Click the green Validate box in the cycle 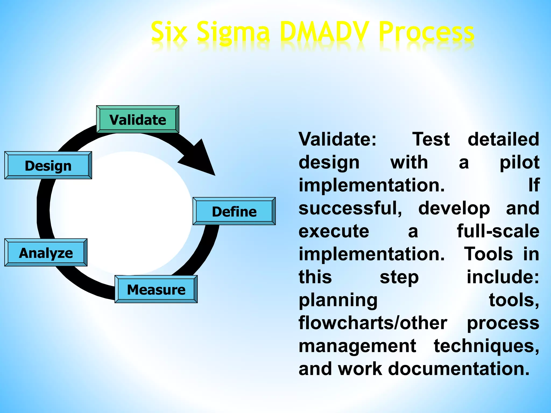[x=137, y=119]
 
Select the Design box [x=48, y=165]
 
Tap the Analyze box [x=46, y=253]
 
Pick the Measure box [x=156, y=289]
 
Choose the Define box [x=234, y=211]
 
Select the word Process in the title [x=426, y=32]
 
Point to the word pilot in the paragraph [x=519, y=163]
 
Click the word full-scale [x=498, y=231]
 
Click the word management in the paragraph [x=357, y=346]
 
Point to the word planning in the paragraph [x=338, y=301]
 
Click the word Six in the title [x=169, y=32]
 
